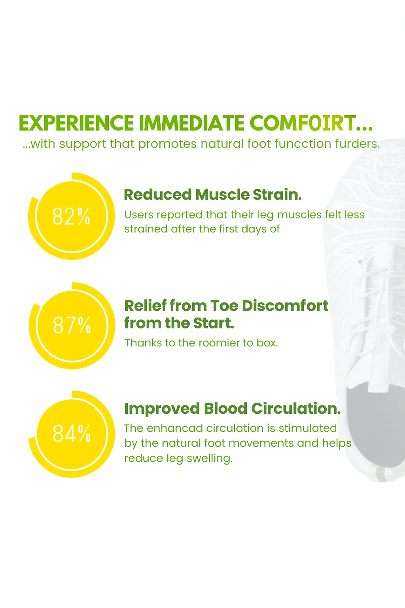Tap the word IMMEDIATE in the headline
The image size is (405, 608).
click(x=191, y=123)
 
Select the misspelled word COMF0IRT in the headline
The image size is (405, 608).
click(x=302, y=123)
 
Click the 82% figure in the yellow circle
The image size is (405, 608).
click(x=71, y=217)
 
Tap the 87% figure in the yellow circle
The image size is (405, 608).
click(x=72, y=325)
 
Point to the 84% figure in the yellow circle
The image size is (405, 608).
click(x=72, y=433)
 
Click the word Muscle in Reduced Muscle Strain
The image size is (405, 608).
click(x=222, y=195)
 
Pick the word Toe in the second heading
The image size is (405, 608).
click(x=224, y=306)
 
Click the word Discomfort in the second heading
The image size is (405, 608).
click(x=285, y=306)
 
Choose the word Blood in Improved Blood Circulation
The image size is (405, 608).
click(x=225, y=408)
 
